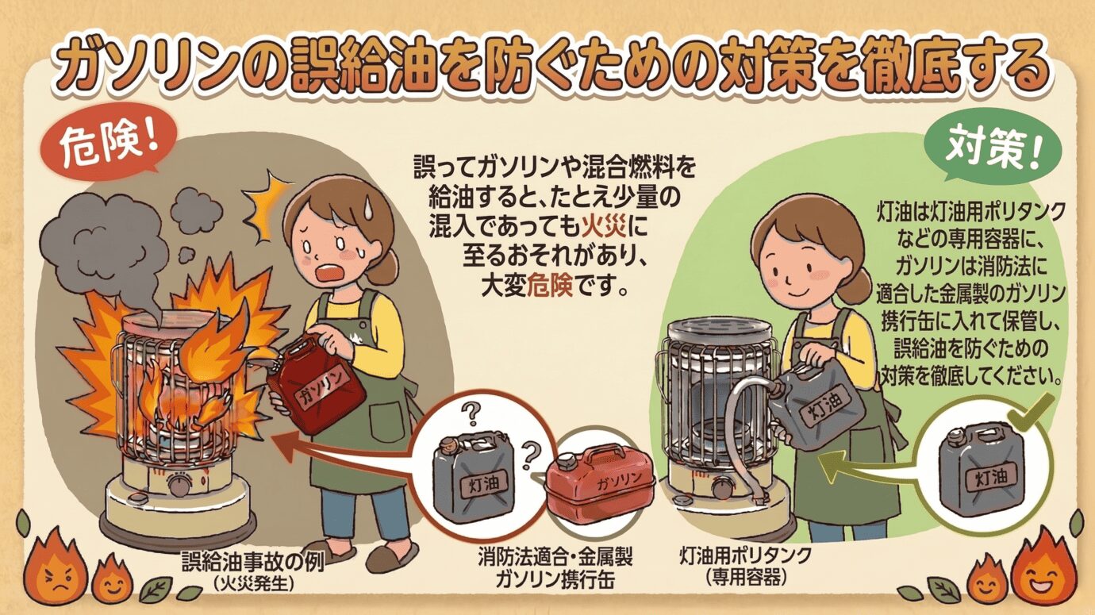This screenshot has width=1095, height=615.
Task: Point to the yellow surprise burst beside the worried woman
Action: click(x=267, y=206)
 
